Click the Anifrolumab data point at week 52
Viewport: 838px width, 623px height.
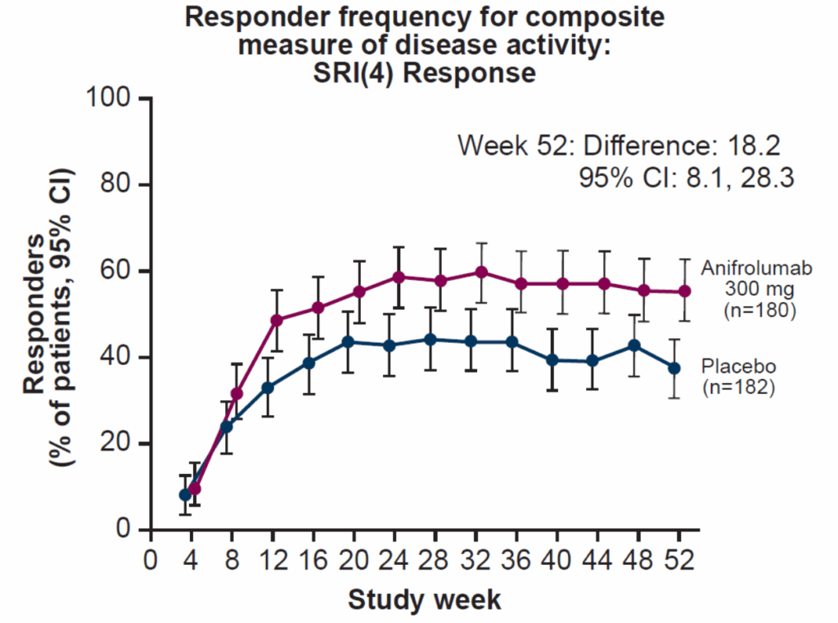[x=685, y=291]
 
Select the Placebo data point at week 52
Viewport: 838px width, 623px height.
[x=674, y=368]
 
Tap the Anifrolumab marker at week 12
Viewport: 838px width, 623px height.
[x=277, y=320]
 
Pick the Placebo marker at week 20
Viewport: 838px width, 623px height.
[x=347, y=341]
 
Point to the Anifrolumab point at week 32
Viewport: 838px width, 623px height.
[x=481, y=272]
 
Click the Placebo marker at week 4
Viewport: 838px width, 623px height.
[x=185, y=495]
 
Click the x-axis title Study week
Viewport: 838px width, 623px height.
[x=424, y=600]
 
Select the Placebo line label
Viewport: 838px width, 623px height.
[x=737, y=365]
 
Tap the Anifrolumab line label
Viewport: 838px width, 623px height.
[x=747, y=269]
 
